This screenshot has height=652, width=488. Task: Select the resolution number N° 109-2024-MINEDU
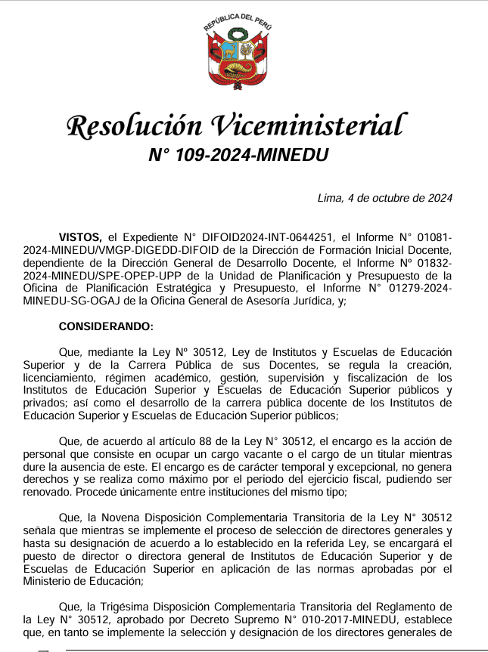(x=238, y=156)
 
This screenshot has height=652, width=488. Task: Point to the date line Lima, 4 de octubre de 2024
(x=384, y=199)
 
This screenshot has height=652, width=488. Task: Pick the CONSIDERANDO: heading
(x=105, y=327)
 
